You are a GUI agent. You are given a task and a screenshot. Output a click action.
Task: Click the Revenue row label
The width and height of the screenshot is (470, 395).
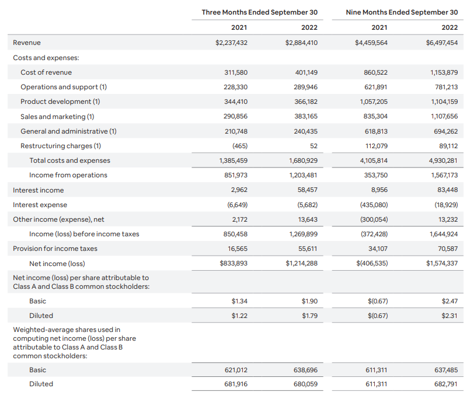click(x=27, y=43)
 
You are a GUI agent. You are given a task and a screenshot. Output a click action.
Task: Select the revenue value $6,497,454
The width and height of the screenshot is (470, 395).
click(x=441, y=43)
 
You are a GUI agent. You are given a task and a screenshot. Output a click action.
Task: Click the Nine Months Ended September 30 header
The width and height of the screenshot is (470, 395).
click(x=402, y=12)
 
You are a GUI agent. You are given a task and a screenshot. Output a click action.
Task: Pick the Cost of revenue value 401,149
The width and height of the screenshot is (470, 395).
click(x=306, y=72)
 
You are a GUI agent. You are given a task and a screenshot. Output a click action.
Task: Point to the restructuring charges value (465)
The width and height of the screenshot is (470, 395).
click(x=239, y=146)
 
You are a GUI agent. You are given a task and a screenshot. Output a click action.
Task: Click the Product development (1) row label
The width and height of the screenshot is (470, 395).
click(x=60, y=102)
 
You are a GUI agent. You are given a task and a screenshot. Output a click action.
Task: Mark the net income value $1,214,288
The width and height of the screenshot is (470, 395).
click(x=301, y=264)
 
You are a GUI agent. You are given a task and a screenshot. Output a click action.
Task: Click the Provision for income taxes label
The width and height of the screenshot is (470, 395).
click(x=55, y=249)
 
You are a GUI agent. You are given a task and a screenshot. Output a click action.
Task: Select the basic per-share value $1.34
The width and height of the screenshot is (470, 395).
click(x=239, y=301)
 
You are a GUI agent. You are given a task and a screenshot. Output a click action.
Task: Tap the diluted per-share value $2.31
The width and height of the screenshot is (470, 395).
click(x=450, y=316)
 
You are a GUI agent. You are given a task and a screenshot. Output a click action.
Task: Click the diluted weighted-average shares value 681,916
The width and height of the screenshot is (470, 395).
click(x=236, y=384)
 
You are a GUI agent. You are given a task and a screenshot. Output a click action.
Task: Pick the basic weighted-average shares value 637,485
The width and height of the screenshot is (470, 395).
click(x=446, y=370)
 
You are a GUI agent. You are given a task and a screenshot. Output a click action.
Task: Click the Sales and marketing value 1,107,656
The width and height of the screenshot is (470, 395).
click(x=443, y=116)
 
